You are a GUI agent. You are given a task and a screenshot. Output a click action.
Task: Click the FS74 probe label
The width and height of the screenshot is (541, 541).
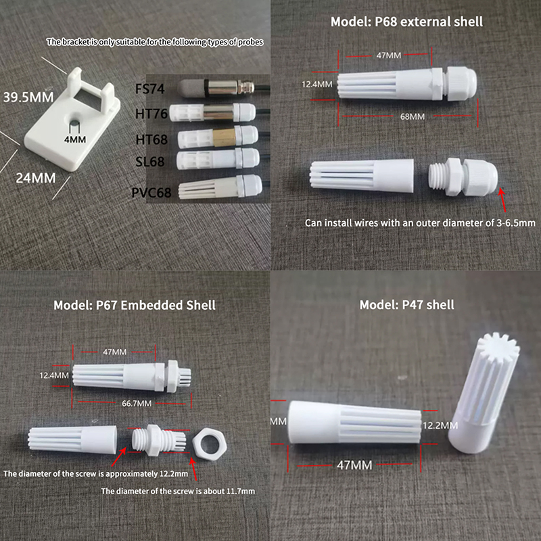[149, 89]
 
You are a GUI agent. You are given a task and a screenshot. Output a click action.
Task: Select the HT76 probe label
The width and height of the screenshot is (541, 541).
[151, 114]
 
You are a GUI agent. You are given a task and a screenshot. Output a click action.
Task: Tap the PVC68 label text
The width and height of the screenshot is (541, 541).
[151, 193]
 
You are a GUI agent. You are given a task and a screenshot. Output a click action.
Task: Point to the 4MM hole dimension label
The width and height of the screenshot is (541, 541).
[75, 139]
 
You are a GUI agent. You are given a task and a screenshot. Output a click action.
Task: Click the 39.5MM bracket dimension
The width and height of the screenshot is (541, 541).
[28, 97]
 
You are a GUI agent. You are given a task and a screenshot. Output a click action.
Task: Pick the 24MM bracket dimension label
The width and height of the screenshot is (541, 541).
[36, 178]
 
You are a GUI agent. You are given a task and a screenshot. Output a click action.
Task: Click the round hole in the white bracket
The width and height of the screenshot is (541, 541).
[74, 122]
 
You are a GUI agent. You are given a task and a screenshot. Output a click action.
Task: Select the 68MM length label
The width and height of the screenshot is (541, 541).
[413, 116]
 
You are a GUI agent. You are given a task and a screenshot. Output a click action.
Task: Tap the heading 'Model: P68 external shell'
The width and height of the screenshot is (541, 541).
[406, 22]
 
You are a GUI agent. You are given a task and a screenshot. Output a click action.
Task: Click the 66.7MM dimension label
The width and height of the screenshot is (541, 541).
[137, 403]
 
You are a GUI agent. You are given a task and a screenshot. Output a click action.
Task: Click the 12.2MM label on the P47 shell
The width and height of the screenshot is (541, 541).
[440, 425]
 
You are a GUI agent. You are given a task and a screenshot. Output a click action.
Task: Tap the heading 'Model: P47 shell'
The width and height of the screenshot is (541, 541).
[407, 305]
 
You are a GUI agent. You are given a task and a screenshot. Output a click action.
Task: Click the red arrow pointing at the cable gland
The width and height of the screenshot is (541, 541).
[503, 199]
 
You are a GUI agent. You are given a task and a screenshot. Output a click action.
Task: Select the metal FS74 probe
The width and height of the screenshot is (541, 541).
[216, 88]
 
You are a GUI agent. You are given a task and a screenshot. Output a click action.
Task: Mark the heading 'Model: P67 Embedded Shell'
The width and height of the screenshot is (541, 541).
[135, 306]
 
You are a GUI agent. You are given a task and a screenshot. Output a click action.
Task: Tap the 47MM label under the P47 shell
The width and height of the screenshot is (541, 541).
[354, 465]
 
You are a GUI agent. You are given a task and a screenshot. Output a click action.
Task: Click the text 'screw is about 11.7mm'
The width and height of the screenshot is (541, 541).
[212, 491]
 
